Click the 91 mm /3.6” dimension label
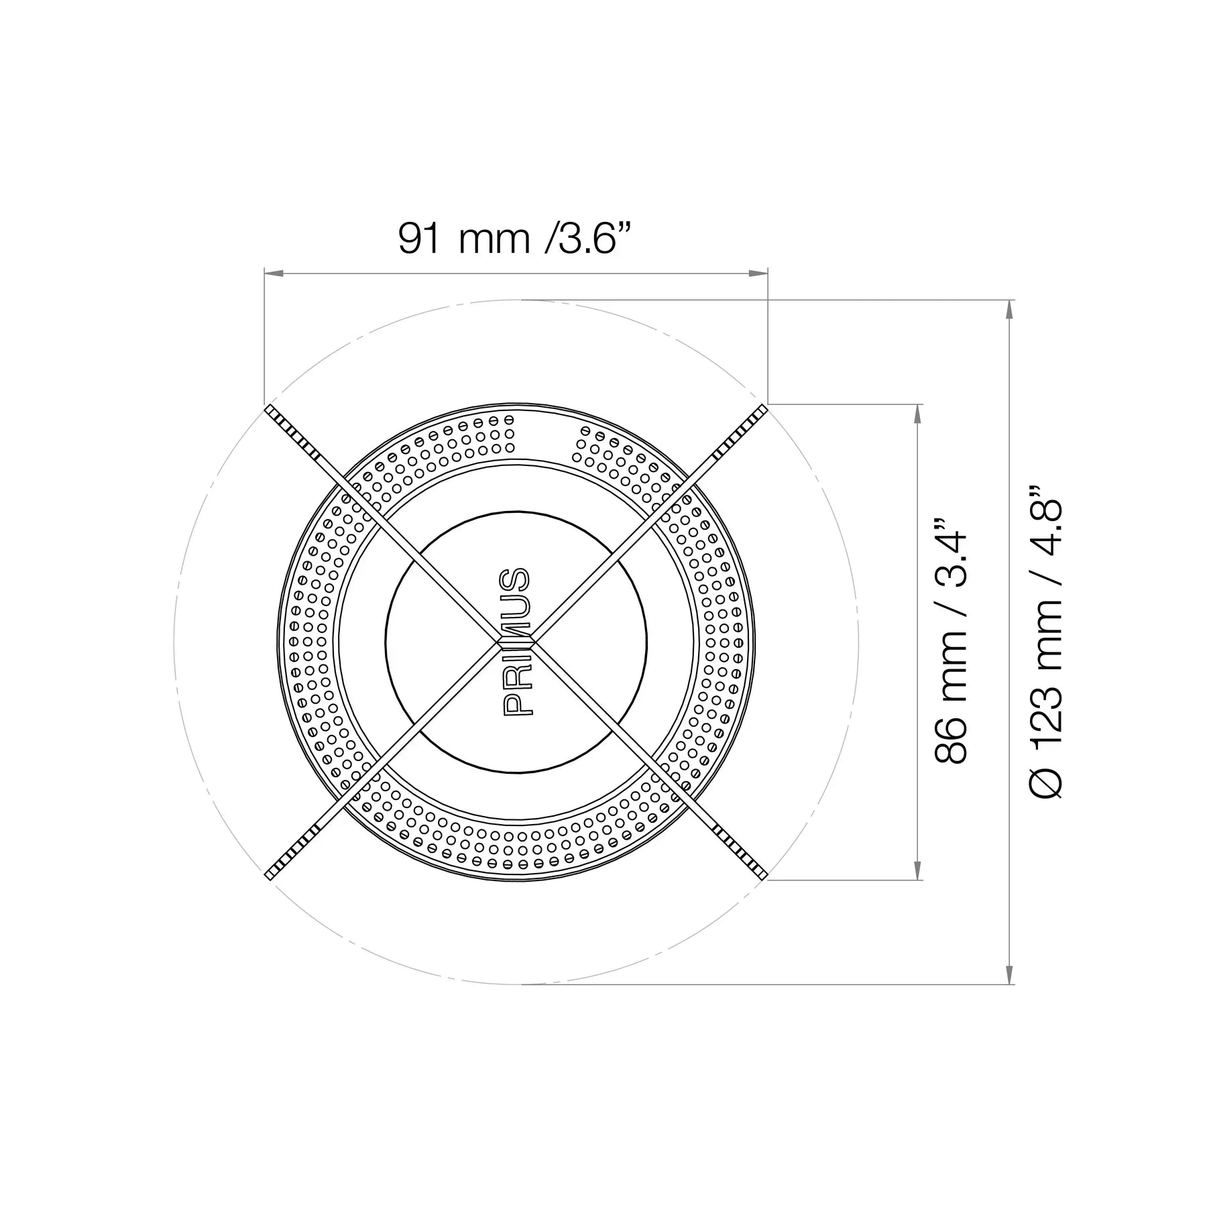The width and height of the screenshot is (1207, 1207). (x=515, y=238)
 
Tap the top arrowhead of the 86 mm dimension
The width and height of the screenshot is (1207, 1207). (x=917, y=413)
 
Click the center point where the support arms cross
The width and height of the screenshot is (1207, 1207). (x=516, y=642)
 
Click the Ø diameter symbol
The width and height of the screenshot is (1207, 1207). (x=1046, y=783)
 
